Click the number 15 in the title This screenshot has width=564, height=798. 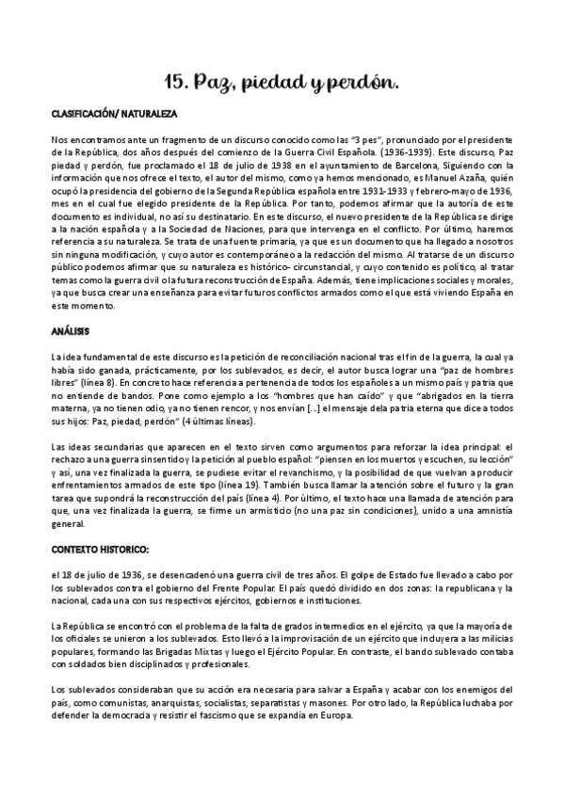pyautogui.click(x=174, y=85)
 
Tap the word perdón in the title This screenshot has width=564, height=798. pyautogui.click(x=366, y=86)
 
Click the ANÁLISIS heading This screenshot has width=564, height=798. pyautogui.click(x=70, y=331)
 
